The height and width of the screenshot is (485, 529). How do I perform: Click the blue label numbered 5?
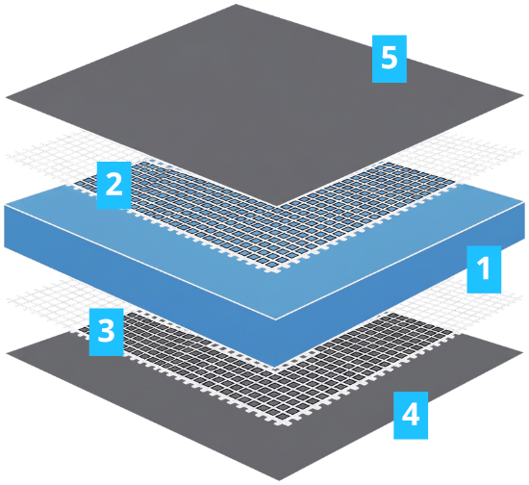[390, 59]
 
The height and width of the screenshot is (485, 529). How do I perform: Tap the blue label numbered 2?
[114, 186]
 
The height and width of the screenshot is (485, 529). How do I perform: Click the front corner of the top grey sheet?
[277, 206]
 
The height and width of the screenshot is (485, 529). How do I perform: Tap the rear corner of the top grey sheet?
[236, 5]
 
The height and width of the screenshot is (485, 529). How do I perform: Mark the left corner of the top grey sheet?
[6, 98]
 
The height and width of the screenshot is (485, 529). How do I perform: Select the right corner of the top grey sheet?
[524, 97]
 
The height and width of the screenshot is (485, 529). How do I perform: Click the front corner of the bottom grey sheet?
[279, 480]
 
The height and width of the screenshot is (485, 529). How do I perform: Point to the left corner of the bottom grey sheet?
[6, 353]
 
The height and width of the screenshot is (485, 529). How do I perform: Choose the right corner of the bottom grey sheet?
[523, 353]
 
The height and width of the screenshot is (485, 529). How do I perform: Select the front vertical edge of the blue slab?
[275, 344]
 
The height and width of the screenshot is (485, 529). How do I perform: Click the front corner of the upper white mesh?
[276, 270]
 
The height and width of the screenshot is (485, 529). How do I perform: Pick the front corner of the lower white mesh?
[283, 423]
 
